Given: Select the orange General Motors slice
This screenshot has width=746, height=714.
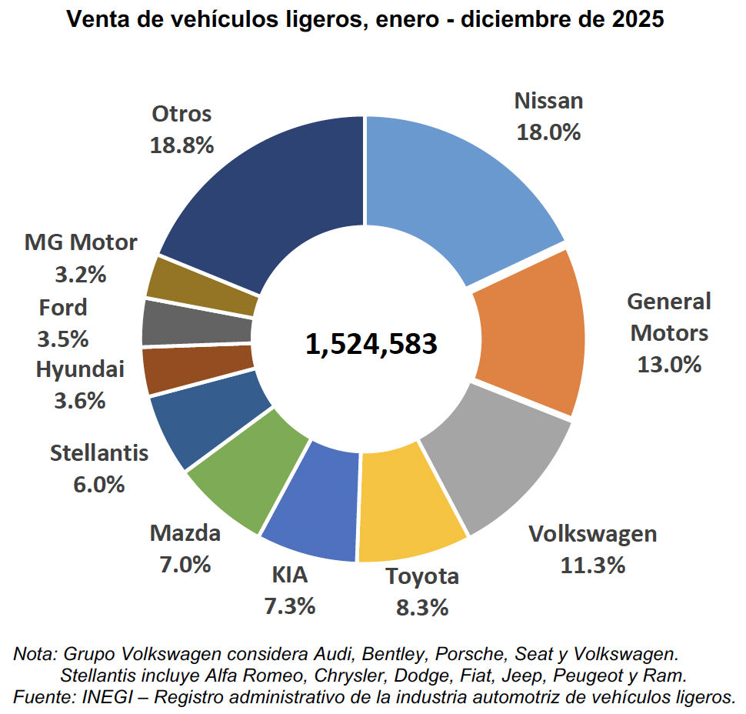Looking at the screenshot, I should [531, 331].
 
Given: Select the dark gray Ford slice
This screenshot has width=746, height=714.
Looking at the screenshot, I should [196, 323].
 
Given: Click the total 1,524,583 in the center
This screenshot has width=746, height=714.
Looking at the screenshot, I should [371, 344].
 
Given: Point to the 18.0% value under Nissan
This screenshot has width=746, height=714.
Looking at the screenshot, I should [549, 132].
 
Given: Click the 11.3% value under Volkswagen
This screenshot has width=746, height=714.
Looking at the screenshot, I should [592, 566].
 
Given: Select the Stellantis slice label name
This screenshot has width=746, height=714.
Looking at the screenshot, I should [99, 453].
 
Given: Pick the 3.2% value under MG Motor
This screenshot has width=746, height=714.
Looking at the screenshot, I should [81, 274].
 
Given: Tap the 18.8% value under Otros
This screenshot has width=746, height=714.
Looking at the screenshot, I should [182, 145].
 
